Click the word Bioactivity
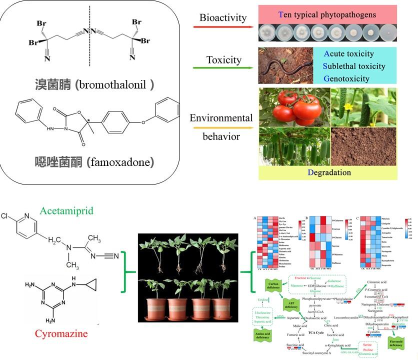[x=223, y=18]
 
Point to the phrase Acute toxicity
[x=348, y=54]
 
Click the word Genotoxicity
[x=346, y=78]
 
